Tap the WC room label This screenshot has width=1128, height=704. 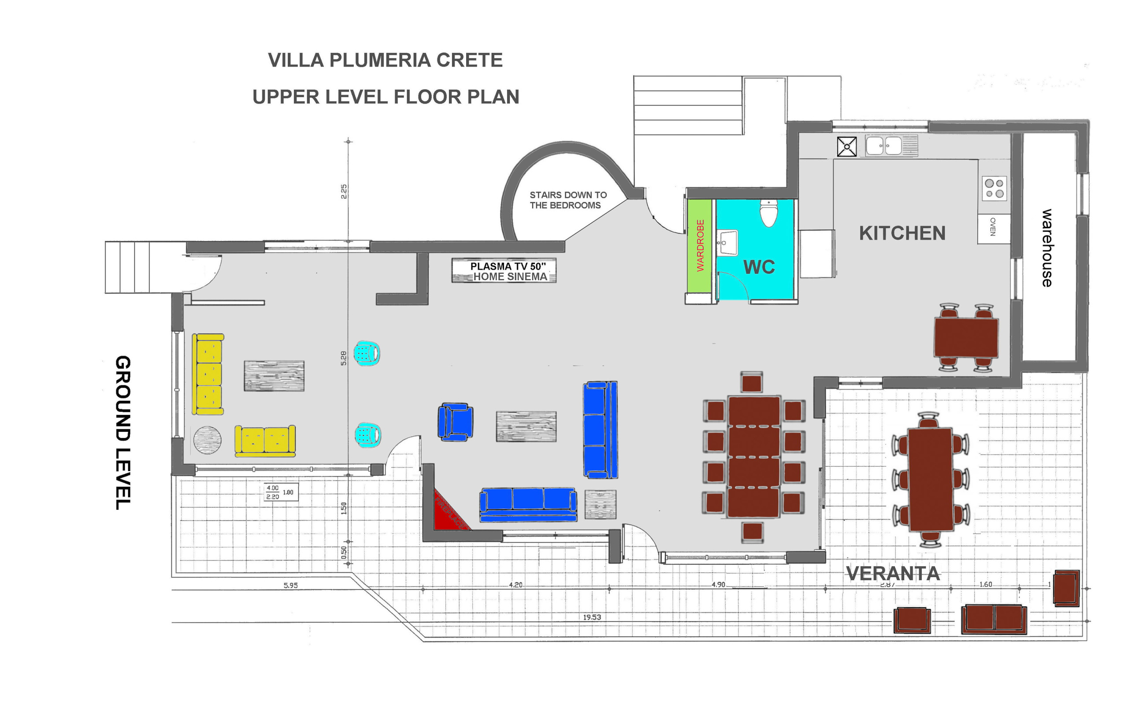(x=759, y=267)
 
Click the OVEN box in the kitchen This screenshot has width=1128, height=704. (x=994, y=228)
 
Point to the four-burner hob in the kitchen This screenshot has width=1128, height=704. (x=994, y=188)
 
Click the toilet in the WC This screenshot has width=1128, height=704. (x=768, y=213)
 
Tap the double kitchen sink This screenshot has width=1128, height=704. (x=883, y=145)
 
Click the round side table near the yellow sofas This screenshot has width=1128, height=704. (x=207, y=440)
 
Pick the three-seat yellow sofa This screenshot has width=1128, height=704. (x=208, y=374)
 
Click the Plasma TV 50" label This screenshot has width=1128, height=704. (x=508, y=267)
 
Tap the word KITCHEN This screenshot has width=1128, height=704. (x=902, y=233)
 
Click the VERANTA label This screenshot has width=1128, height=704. (x=892, y=574)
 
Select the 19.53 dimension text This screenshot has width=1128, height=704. (x=592, y=617)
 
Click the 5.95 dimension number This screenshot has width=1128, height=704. (x=290, y=585)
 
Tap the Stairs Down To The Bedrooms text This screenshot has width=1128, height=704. (x=568, y=200)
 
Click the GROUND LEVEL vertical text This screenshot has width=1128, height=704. (x=123, y=433)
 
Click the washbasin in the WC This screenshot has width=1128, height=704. (x=727, y=242)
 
